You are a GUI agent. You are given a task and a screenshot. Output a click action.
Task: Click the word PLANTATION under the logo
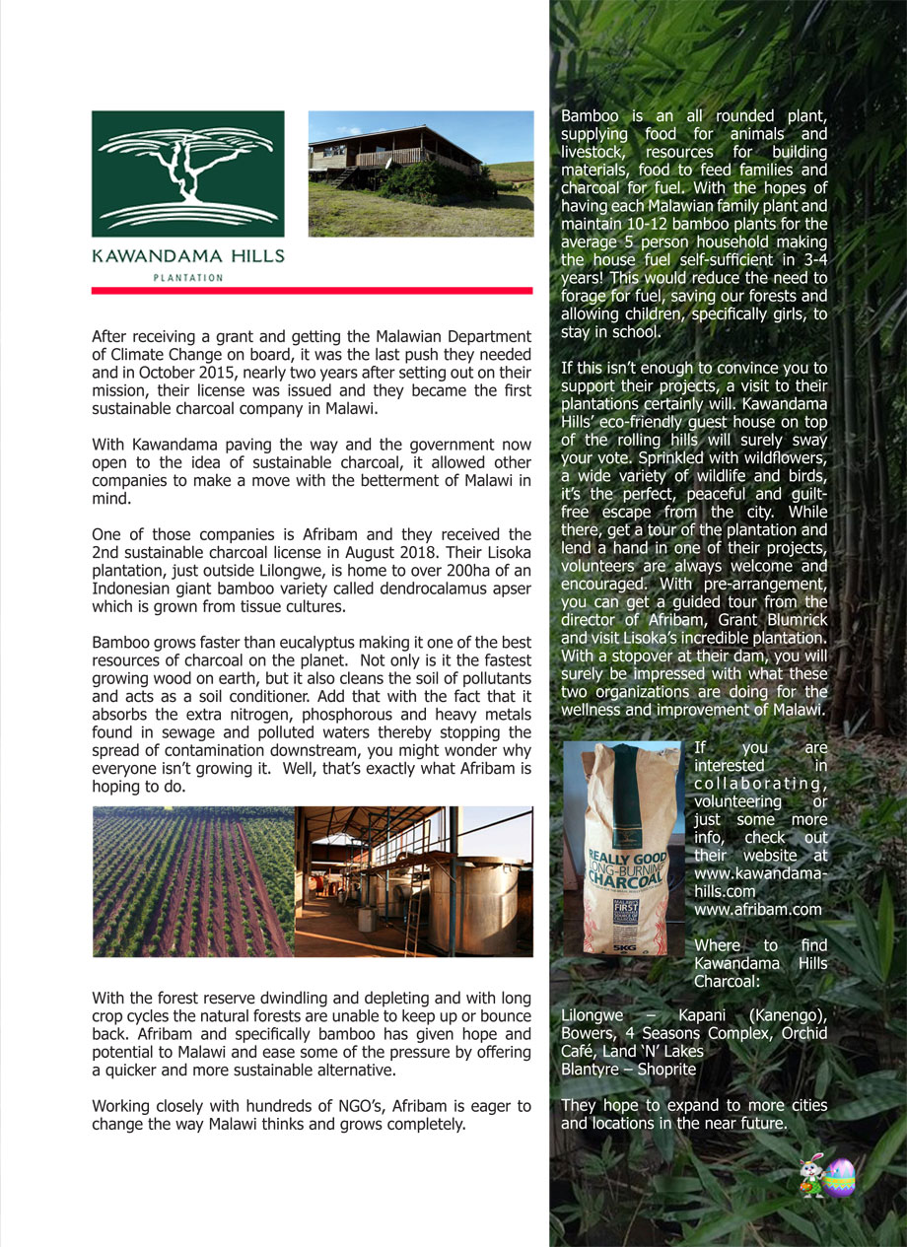click(187, 278)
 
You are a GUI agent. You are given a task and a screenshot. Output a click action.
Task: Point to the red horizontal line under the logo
click(312, 290)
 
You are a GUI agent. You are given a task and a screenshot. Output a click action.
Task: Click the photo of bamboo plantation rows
click(192, 881)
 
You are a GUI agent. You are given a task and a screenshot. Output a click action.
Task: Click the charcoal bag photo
click(621, 848)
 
